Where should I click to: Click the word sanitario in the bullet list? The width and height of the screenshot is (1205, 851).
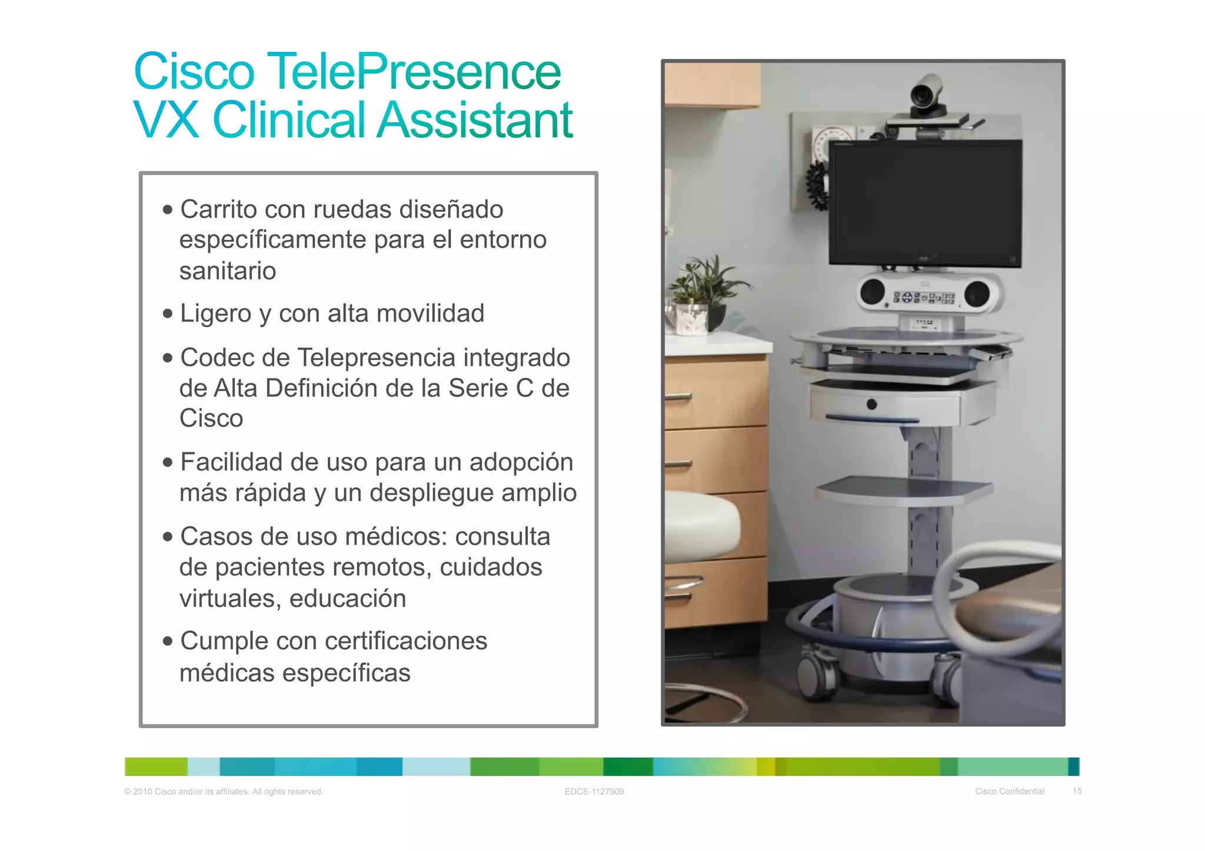click(228, 271)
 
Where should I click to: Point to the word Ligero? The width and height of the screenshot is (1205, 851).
click(216, 313)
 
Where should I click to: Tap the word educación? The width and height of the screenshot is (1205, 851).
click(348, 599)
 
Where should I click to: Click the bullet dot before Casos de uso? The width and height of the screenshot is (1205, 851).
click(168, 537)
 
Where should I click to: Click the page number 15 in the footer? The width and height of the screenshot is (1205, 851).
click(1077, 791)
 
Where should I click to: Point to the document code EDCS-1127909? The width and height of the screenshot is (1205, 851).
click(594, 792)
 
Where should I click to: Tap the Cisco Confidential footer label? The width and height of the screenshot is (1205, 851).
click(1010, 791)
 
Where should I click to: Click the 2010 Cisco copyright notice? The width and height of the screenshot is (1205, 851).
click(224, 792)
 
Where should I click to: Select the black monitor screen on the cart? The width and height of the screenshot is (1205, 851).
click(925, 203)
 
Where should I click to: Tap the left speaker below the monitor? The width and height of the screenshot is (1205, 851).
click(872, 292)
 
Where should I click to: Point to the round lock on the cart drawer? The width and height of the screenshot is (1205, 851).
click(872, 404)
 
